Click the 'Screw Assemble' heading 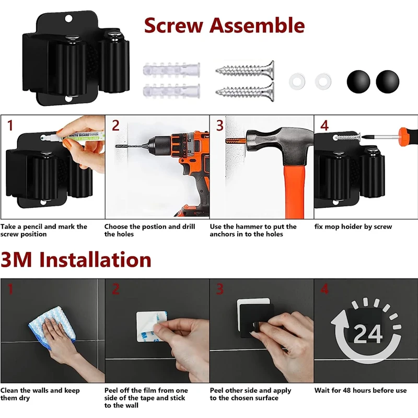pos(224,25)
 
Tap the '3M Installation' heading pos(76,259)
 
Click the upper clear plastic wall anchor pos(171,70)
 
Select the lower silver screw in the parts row pos(245,92)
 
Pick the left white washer pos(297,82)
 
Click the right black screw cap pos(387,82)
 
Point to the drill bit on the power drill pos(131,146)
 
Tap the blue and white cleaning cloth pos(52,328)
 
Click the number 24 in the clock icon pos(368,333)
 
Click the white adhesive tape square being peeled pos(151,326)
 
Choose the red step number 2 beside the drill pos(115,125)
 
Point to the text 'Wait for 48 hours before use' pos(361,390)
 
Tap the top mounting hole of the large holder pos(68,19)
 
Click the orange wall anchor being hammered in pos(235,141)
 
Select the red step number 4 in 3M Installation pos(324,289)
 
